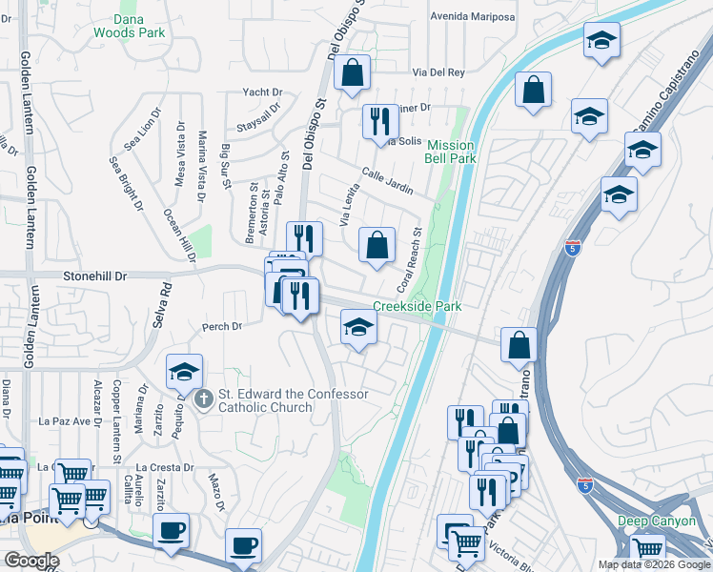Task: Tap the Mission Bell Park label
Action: [449, 153]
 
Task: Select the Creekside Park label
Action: [417, 306]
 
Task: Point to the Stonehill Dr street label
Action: [94, 276]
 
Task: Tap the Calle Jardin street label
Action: [386, 181]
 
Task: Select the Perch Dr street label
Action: [222, 326]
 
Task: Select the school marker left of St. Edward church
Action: [184, 371]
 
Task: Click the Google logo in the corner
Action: [31, 561]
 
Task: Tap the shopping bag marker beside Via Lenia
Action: [377, 244]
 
